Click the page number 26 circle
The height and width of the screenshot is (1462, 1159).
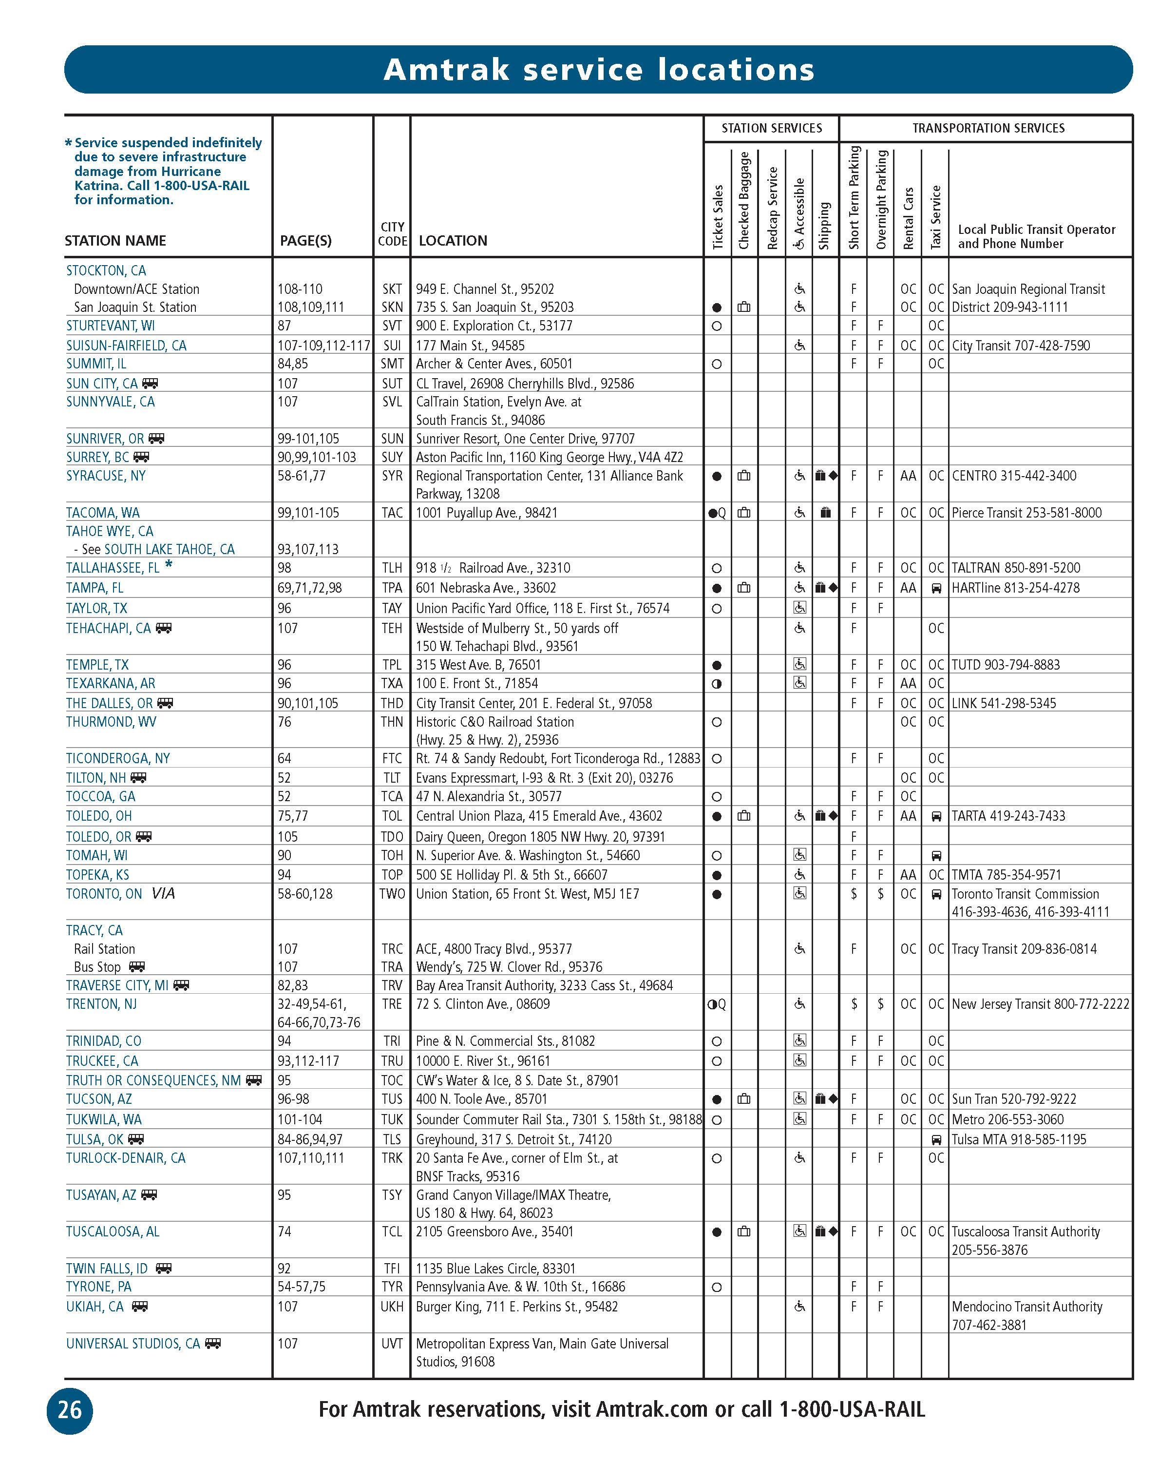click(x=69, y=1410)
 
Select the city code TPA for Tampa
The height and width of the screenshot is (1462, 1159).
click(x=392, y=588)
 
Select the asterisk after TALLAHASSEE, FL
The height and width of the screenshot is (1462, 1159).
click(x=169, y=565)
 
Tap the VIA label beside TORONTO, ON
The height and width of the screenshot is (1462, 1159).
click(x=163, y=894)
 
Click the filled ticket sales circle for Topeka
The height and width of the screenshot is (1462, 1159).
click(x=717, y=875)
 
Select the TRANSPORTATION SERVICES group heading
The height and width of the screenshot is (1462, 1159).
click(x=988, y=128)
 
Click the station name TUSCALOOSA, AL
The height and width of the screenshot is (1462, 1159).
click(x=113, y=1231)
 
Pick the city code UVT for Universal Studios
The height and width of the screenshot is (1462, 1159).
click(x=392, y=1343)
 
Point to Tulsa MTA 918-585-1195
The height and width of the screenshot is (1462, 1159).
click(x=1019, y=1139)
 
